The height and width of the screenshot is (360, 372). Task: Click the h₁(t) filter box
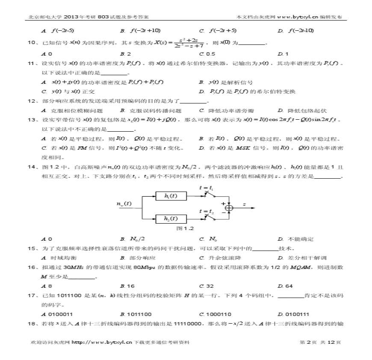171,196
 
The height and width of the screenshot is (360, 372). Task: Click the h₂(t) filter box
171,218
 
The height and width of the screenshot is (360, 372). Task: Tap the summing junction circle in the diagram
230,207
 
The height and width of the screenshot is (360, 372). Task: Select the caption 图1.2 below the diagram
185,228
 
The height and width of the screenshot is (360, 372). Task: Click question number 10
31,42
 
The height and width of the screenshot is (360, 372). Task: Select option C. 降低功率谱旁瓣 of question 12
224,110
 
